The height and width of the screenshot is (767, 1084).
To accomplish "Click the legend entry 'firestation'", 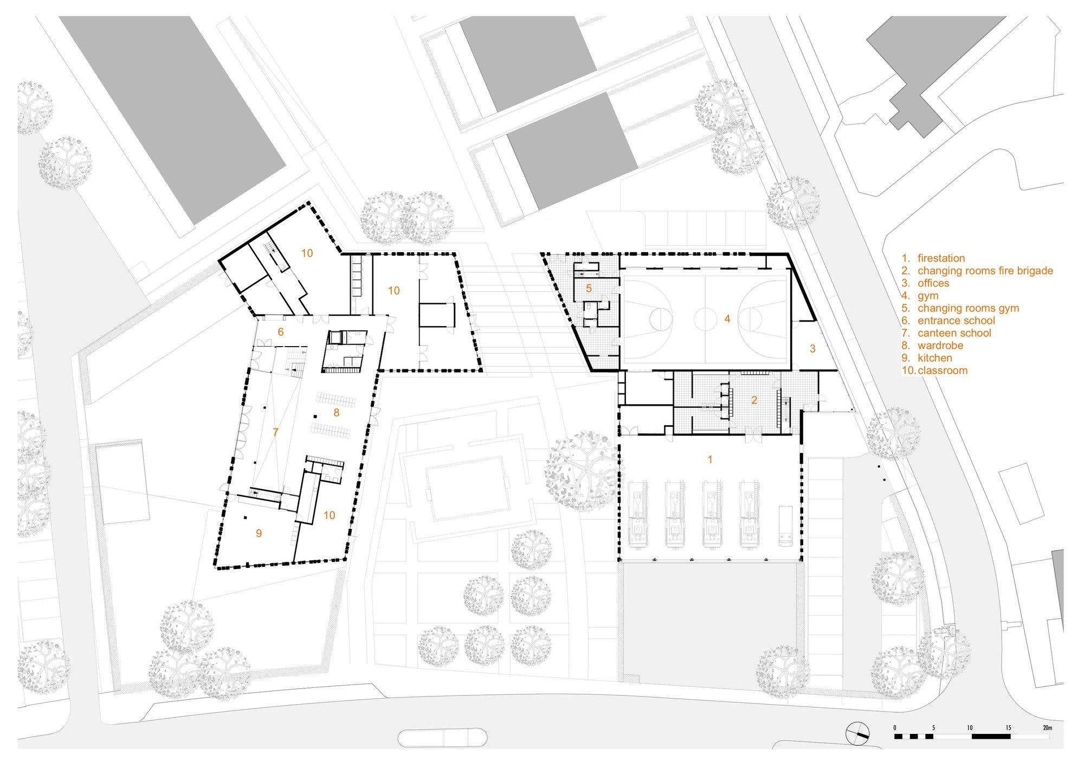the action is (x=941, y=258).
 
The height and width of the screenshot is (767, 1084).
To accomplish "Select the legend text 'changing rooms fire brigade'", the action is (x=985, y=271).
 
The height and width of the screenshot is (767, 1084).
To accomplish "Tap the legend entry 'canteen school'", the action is (x=954, y=333).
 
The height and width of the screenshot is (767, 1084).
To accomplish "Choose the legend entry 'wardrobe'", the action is (x=940, y=346).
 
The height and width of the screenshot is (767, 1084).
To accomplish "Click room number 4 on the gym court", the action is (x=727, y=319).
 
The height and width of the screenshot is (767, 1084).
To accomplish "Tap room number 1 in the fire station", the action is (x=710, y=459).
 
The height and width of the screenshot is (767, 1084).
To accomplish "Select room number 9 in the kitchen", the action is (x=259, y=533).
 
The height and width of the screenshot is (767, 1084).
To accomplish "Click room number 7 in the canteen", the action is (x=275, y=432).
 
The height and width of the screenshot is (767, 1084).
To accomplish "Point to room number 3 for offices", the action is (x=812, y=349).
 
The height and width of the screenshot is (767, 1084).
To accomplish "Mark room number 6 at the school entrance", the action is (x=280, y=331).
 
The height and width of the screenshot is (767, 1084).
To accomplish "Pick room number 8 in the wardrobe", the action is (x=336, y=413).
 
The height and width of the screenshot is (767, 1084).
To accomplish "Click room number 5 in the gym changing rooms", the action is (x=589, y=289).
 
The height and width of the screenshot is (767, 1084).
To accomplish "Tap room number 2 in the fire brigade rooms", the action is (x=754, y=400).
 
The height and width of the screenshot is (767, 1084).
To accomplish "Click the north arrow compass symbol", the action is (x=857, y=734).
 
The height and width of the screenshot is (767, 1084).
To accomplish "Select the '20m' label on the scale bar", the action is (x=1047, y=727).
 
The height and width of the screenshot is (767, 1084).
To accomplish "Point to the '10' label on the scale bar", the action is (x=970, y=727).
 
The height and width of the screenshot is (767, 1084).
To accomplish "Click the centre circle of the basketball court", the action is (x=704, y=319).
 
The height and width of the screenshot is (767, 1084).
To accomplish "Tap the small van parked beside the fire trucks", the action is (x=785, y=525).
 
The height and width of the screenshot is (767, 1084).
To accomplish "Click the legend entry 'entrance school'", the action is (x=956, y=321).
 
